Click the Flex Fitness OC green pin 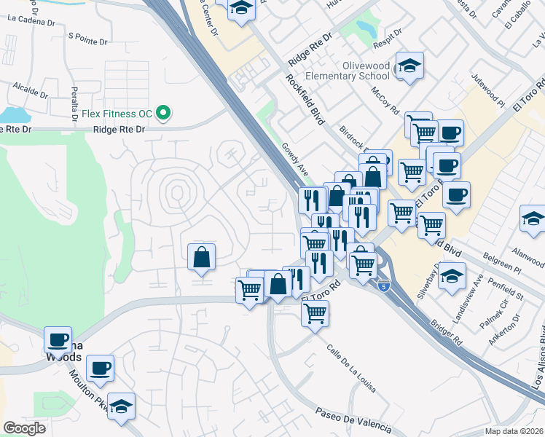pos(165,113)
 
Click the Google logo pos(24,428)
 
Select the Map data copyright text pos(514,431)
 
